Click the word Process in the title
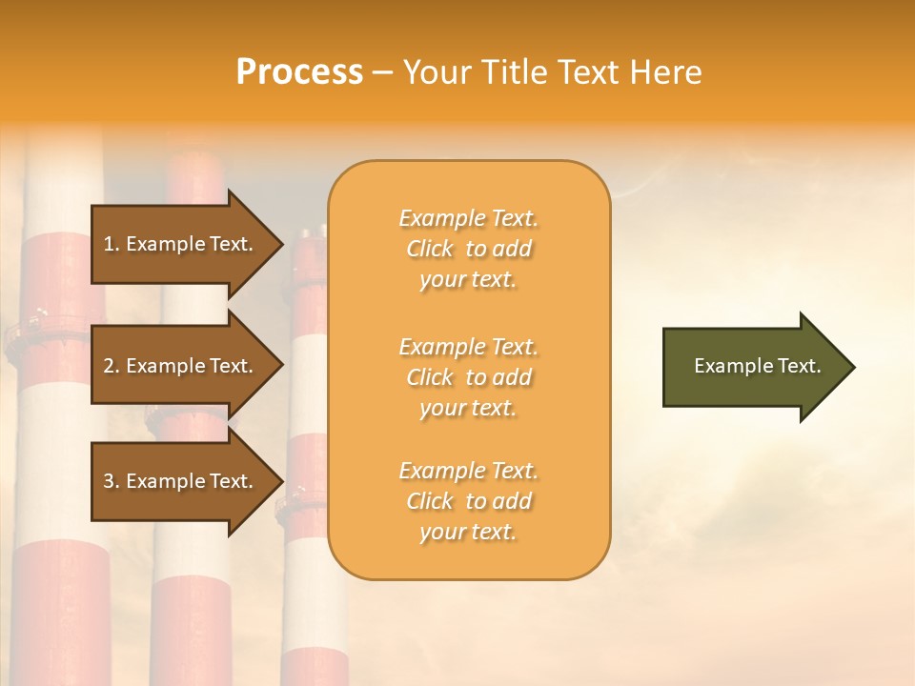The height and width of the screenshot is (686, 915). point(299,72)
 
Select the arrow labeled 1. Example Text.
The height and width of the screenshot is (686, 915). point(181,244)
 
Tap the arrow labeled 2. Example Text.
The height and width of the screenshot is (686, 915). point(181,366)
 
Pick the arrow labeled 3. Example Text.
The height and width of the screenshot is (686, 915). point(181,481)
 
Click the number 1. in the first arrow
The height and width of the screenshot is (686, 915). point(112,244)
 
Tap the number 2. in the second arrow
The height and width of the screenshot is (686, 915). point(112,366)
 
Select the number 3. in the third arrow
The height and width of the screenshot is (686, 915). point(112,481)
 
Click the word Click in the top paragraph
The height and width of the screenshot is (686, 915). point(430,250)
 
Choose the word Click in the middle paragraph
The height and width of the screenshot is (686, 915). point(430,377)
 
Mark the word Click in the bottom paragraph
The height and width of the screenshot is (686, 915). point(430,501)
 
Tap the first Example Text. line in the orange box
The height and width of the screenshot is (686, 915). point(468,218)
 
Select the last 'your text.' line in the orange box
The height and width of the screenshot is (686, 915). point(468,532)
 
